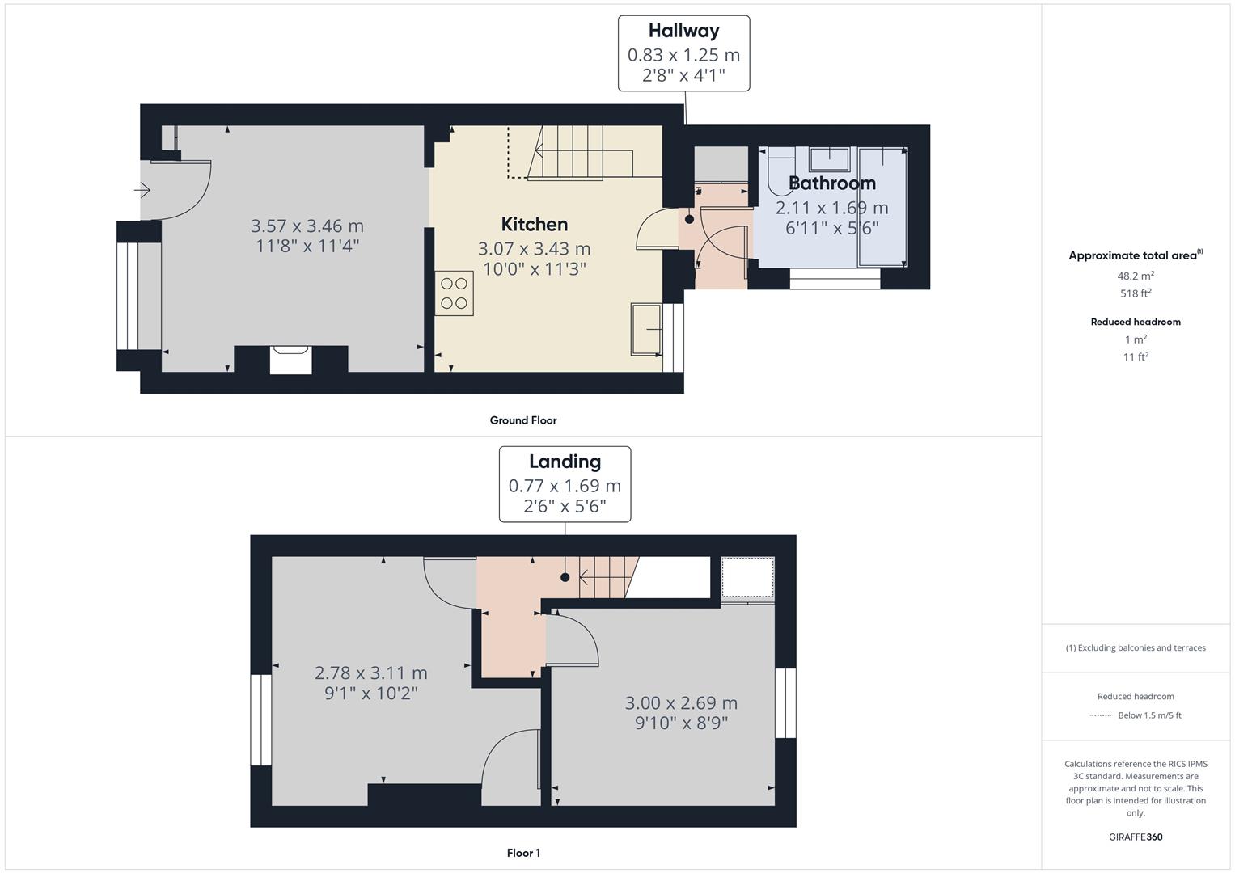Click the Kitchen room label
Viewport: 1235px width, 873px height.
pos(534,225)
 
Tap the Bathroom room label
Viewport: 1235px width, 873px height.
pos(831,183)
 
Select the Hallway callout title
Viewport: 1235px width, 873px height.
pos(683,31)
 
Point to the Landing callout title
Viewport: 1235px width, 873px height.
pos(565,462)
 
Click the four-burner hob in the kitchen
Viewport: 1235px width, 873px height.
pos(454,293)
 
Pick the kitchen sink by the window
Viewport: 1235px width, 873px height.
pos(646,329)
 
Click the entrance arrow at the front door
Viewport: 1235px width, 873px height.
pos(142,191)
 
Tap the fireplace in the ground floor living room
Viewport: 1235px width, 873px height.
pos(290,359)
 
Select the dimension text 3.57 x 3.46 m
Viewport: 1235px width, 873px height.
pos(307,226)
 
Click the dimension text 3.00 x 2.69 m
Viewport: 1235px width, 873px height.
pos(681,703)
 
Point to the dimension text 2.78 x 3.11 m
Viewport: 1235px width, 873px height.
pos(370,673)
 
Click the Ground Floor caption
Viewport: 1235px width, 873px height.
pos(523,420)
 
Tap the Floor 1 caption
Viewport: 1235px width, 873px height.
pos(523,853)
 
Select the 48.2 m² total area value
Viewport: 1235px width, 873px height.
pos(1136,275)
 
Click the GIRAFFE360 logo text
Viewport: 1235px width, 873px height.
pos(1136,837)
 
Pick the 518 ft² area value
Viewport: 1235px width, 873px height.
pos(1136,293)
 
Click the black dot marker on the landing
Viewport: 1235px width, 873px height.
pos(565,577)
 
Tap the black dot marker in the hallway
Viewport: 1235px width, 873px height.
pos(689,219)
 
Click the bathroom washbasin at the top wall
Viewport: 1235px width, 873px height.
pos(829,157)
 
